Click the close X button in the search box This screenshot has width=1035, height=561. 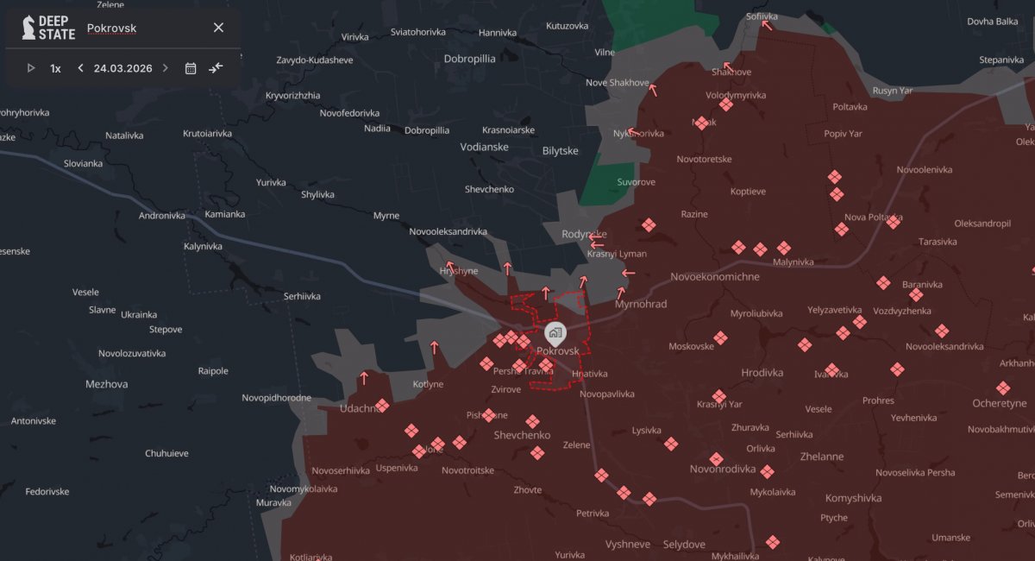pos(218,28)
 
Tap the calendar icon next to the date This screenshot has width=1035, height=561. pos(191,68)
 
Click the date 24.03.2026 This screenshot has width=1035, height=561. pos(122,68)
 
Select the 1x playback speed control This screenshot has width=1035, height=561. pos(55,68)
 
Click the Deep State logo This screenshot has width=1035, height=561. pos(48,28)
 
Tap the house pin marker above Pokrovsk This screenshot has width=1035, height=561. pos(555,331)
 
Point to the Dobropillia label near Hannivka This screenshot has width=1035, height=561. pos(469,59)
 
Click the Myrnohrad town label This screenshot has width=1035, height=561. pos(641,304)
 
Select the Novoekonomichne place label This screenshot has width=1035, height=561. pos(715,277)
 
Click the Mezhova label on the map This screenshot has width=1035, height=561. pos(107,383)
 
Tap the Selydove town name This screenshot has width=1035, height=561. pos(684,545)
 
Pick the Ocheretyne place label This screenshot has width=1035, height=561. pos(999,403)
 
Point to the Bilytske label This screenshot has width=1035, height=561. pos(561,150)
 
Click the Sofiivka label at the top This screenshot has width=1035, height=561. pos(762,16)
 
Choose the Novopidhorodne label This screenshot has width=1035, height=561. pos(276,397)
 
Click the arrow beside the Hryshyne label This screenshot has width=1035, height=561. pos(448,266)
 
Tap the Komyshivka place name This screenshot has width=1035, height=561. pos(853,498)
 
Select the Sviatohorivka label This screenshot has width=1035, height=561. pos(418,32)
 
